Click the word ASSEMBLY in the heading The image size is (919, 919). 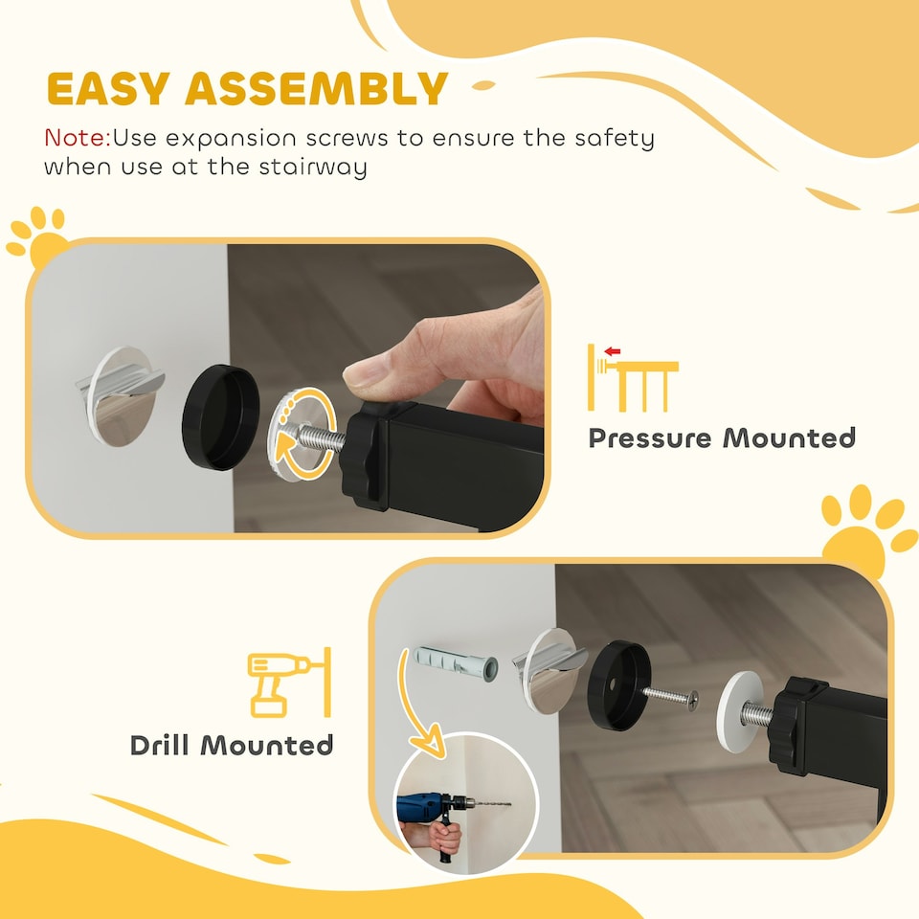tap(317, 89)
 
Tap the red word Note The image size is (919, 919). tap(76, 138)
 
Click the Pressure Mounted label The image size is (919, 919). tap(721, 438)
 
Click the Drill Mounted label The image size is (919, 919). tap(232, 745)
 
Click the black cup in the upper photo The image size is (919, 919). tap(221, 417)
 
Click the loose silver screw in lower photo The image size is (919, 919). tap(669, 695)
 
